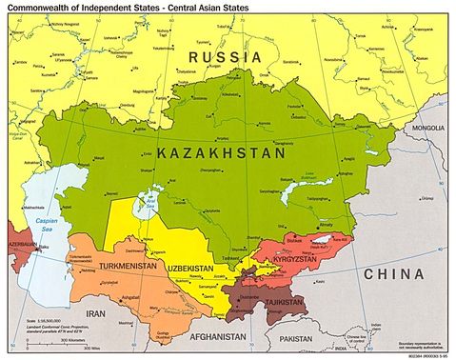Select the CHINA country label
[x=393, y=273]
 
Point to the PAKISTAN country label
[x=297, y=338]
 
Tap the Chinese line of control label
[x=354, y=338]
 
